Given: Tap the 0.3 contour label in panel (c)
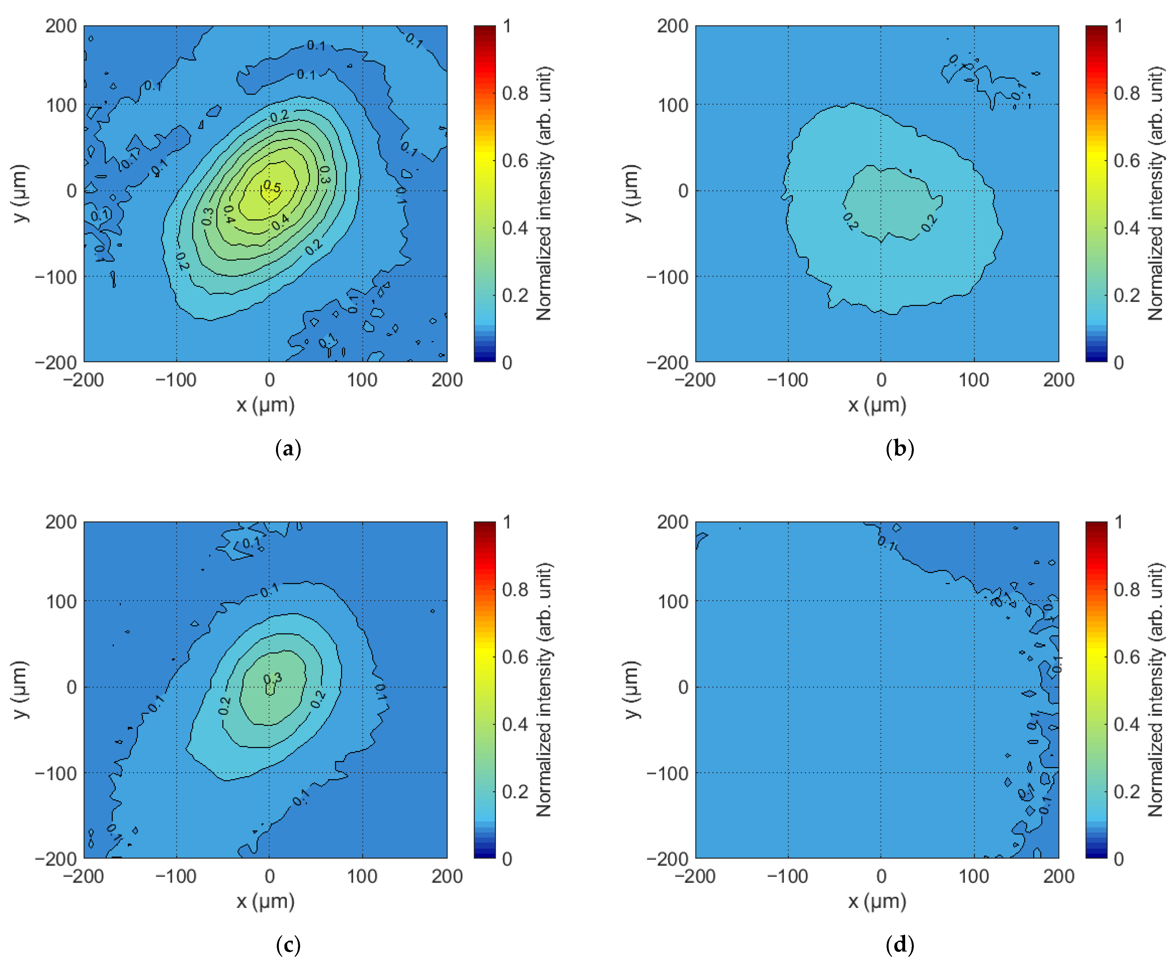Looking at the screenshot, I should [272, 678].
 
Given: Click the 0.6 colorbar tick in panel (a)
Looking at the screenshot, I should [514, 161].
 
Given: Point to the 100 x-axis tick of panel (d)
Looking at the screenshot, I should [974, 876].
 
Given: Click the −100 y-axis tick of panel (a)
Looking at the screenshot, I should [56, 276].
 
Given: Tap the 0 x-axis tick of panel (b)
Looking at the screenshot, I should [881, 380].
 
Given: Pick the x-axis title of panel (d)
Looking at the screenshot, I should [877, 901].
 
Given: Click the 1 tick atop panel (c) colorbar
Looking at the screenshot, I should [507, 522].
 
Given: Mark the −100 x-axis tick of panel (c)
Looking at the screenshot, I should [176, 876].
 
